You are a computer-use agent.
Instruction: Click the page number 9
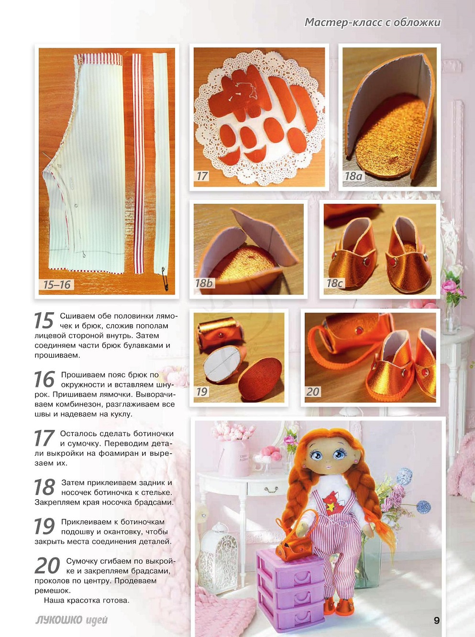click(x=437, y=620)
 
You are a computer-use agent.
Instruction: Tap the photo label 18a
click(x=353, y=176)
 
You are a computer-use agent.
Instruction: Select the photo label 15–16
click(x=57, y=285)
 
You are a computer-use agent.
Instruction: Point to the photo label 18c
click(x=334, y=284)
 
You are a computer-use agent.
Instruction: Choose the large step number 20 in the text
click(x=47, y=565)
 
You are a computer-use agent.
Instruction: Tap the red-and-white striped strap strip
click(x=139, y=164)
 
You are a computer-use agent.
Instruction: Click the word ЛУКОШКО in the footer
click(x=60, y=620)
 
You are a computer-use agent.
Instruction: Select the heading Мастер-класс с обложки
click(x=373, y=22)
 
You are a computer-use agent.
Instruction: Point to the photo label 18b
click(x=203, y=283)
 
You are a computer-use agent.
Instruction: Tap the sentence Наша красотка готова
click(x=87, y=600)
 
